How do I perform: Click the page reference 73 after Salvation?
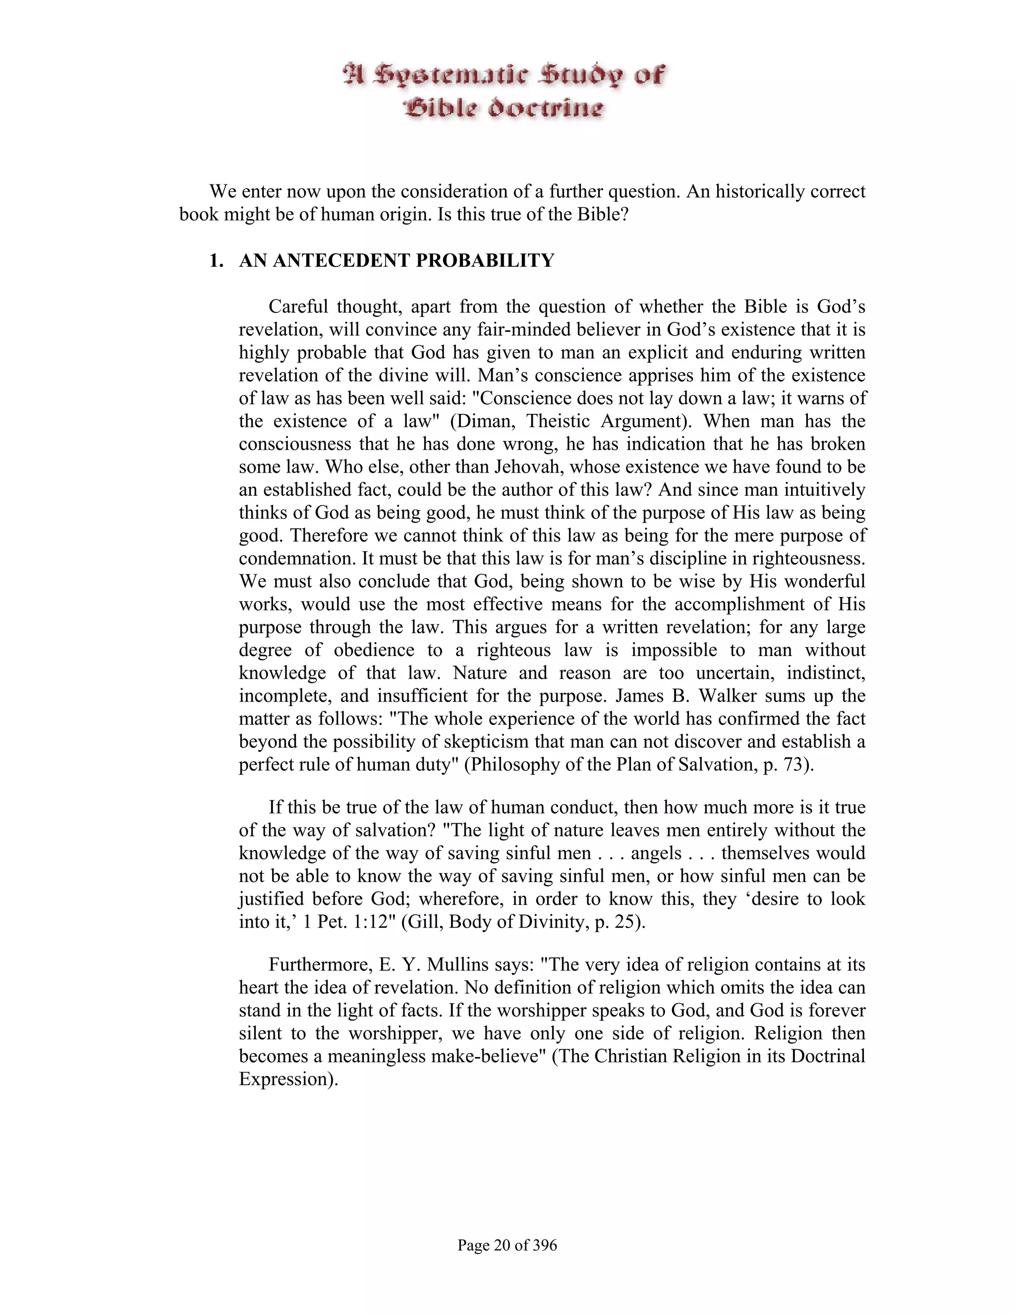(792, 765)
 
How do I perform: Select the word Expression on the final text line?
(284, 1079)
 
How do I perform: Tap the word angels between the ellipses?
(656, 853)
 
